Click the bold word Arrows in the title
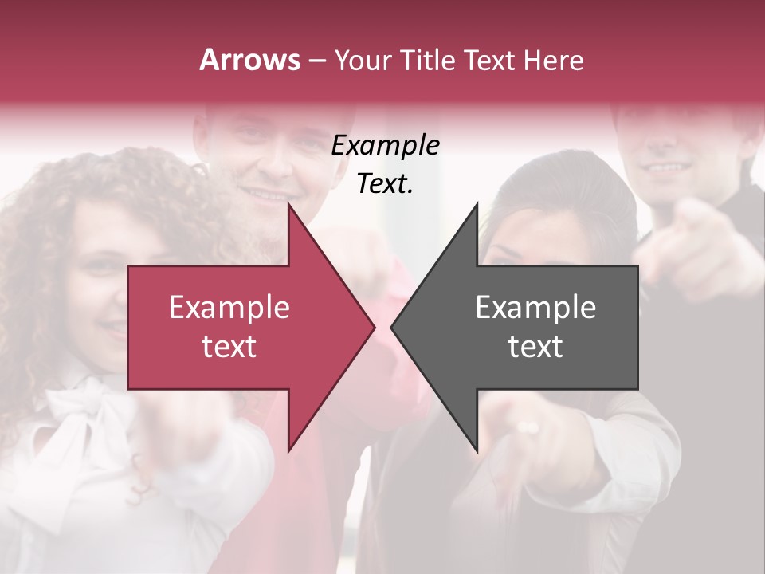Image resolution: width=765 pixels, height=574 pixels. click(250, 60)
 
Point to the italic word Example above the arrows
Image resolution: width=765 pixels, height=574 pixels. click(386, 146)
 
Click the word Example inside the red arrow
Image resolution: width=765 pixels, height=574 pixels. click(229, 308)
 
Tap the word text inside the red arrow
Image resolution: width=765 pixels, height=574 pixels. click(229, 347)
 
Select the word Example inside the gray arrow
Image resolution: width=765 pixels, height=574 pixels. click(535, 308)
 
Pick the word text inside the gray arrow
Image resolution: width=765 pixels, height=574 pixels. click(535, 347)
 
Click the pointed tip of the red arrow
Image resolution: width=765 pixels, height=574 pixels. click(373, 327)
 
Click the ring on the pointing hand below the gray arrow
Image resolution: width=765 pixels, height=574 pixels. click(528, 427)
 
